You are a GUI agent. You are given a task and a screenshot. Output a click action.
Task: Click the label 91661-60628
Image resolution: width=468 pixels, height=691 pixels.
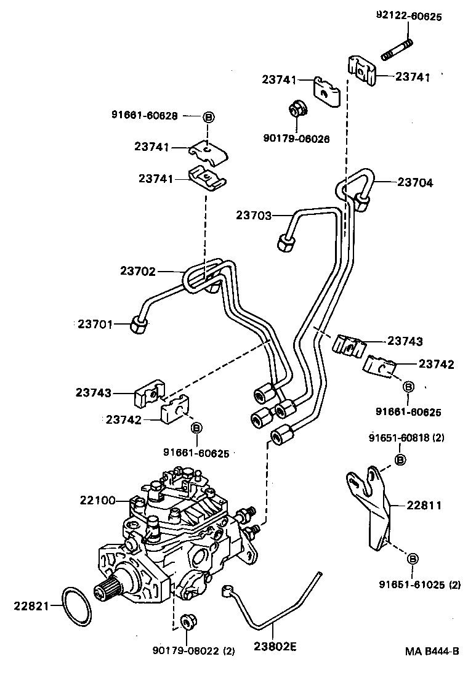(145, 115)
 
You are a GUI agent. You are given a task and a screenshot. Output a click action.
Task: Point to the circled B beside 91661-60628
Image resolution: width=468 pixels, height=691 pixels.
(208, 117)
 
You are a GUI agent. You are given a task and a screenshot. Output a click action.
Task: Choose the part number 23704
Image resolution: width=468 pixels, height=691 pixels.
(415, 182)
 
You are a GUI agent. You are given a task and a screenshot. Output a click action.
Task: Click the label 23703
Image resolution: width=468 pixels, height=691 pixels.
(253, 215)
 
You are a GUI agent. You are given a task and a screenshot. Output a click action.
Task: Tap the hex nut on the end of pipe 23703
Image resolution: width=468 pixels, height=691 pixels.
(286, 243)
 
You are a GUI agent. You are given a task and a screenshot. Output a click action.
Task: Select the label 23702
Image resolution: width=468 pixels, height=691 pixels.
(138, 271)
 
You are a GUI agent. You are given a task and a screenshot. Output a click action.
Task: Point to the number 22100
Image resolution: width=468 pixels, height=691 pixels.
(97, 500)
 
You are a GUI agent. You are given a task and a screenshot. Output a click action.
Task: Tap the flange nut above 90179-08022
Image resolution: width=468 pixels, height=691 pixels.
(188, 620)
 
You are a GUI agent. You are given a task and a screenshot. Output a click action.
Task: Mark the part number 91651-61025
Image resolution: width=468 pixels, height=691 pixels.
(413, 584)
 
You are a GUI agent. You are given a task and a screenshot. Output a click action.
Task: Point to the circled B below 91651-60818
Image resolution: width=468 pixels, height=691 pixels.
(400, 459)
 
